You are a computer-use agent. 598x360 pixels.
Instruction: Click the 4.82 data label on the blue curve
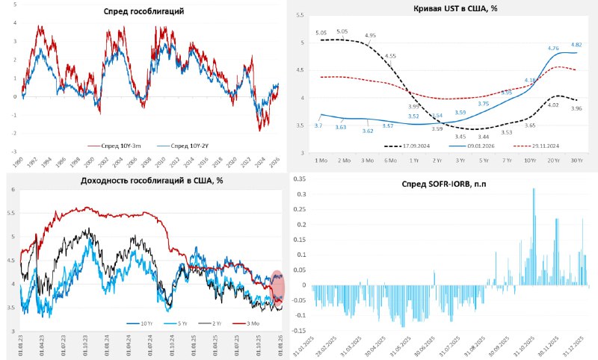(x=577, y=45)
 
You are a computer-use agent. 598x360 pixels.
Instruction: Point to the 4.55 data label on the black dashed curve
(x=391, y=56)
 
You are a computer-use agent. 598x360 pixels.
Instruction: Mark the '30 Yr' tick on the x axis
(x=578, y=161)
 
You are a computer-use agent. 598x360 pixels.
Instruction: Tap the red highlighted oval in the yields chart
(x=277, y=290)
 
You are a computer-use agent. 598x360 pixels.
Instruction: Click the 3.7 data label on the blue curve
(x=318, y=125)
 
